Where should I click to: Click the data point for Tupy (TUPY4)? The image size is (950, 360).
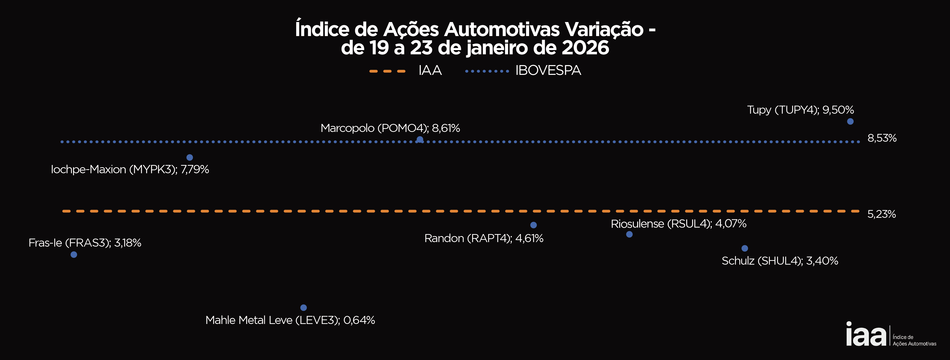(850, 121)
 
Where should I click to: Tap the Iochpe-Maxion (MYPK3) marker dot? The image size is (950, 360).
(189, 157)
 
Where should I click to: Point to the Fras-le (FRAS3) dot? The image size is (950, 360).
(74, 255)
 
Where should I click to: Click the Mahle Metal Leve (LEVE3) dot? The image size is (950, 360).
(304, 308)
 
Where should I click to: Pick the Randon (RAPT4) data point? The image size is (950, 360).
(533, 225)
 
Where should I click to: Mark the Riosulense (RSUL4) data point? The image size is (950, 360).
(629, 234)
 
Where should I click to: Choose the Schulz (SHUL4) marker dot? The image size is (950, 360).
(745, 248)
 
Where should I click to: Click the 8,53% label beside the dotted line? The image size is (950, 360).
(882, 138)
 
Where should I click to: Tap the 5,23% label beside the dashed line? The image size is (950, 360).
(881, 214)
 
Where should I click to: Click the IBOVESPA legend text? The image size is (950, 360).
(548, 70)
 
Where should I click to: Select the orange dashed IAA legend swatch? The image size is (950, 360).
(387, 71)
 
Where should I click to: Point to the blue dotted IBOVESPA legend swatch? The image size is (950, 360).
(487, 71)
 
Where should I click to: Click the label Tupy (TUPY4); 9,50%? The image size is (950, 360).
(800, 110)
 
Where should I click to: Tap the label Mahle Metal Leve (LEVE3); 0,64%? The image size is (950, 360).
(290, 320)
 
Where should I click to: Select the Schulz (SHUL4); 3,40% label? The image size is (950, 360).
(780, 261)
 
